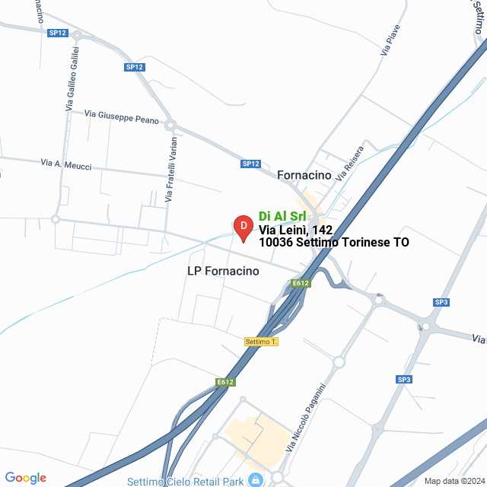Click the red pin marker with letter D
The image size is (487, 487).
[242, 228]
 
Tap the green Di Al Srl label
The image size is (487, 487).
[282, 215]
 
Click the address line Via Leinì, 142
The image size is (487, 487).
[295, 229]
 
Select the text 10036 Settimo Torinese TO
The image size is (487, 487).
[333, 243]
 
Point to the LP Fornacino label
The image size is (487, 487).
[223, 271]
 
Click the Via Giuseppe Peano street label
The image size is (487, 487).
[122, 116]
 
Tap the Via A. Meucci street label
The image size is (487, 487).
[66, 164]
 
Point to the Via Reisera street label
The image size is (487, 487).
[351, 163]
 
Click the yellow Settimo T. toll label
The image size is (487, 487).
[261, 342]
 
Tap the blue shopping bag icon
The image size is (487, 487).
[256, 480]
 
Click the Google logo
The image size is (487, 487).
[25, 478]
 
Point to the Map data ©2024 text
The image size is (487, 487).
[454, 481]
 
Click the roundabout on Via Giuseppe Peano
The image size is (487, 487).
[170, 125]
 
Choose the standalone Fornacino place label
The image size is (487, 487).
[304, 175]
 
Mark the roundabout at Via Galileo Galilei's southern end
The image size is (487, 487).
[55, 218]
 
